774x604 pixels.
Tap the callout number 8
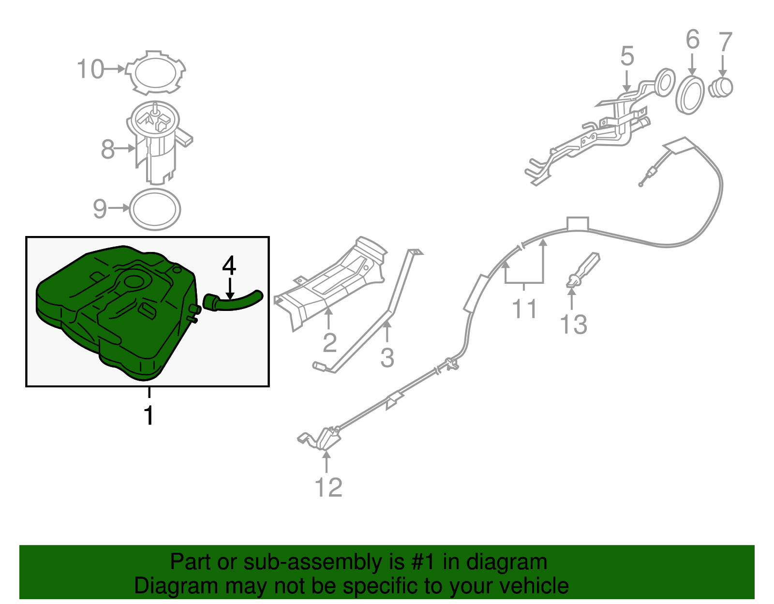click(107, 149)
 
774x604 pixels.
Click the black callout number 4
click(229, 265)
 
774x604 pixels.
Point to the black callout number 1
click(149, 415)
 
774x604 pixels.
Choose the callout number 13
click(573, 324)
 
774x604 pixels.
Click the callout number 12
click(328, 487)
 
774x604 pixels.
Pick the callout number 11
click(524, 309)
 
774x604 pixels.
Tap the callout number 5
click(627, 56)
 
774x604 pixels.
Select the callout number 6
click(693, 39)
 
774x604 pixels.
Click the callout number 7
click(726, 42)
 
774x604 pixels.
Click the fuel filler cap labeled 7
click(720, 88)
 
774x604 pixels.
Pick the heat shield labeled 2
click(329, 283)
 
